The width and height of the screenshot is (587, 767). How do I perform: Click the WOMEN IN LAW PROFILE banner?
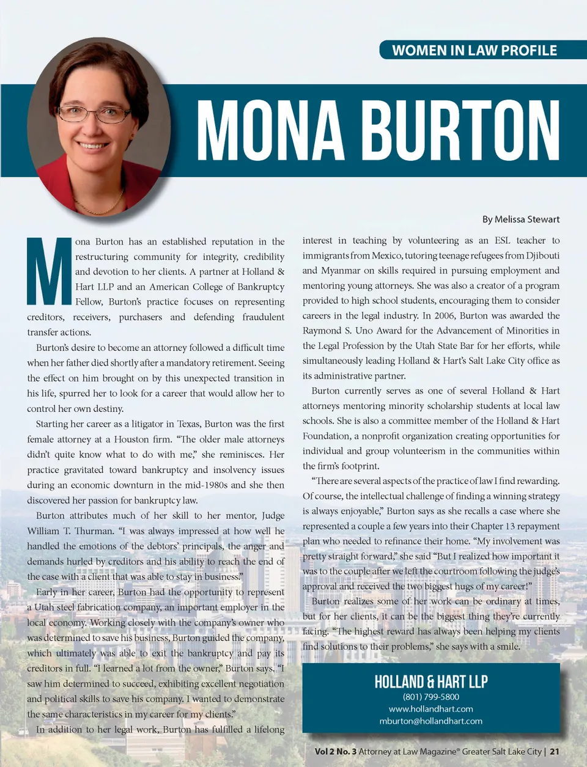[x=474, y=50]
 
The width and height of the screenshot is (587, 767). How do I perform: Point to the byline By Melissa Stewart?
[x=520, y=219]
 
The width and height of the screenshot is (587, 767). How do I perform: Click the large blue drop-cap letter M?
[x=49, y=271]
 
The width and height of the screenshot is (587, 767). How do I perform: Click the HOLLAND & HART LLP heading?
[x=430, y=681]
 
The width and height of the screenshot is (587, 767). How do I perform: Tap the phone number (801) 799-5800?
[x=430, y=697]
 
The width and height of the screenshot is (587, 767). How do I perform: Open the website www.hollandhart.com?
[x=430, y=709]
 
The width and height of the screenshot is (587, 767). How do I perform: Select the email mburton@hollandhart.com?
[x=430, y=721]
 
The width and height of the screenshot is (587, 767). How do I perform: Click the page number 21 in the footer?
[x=554, y=752]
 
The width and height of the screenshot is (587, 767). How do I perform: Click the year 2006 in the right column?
[x=443, y=315]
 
